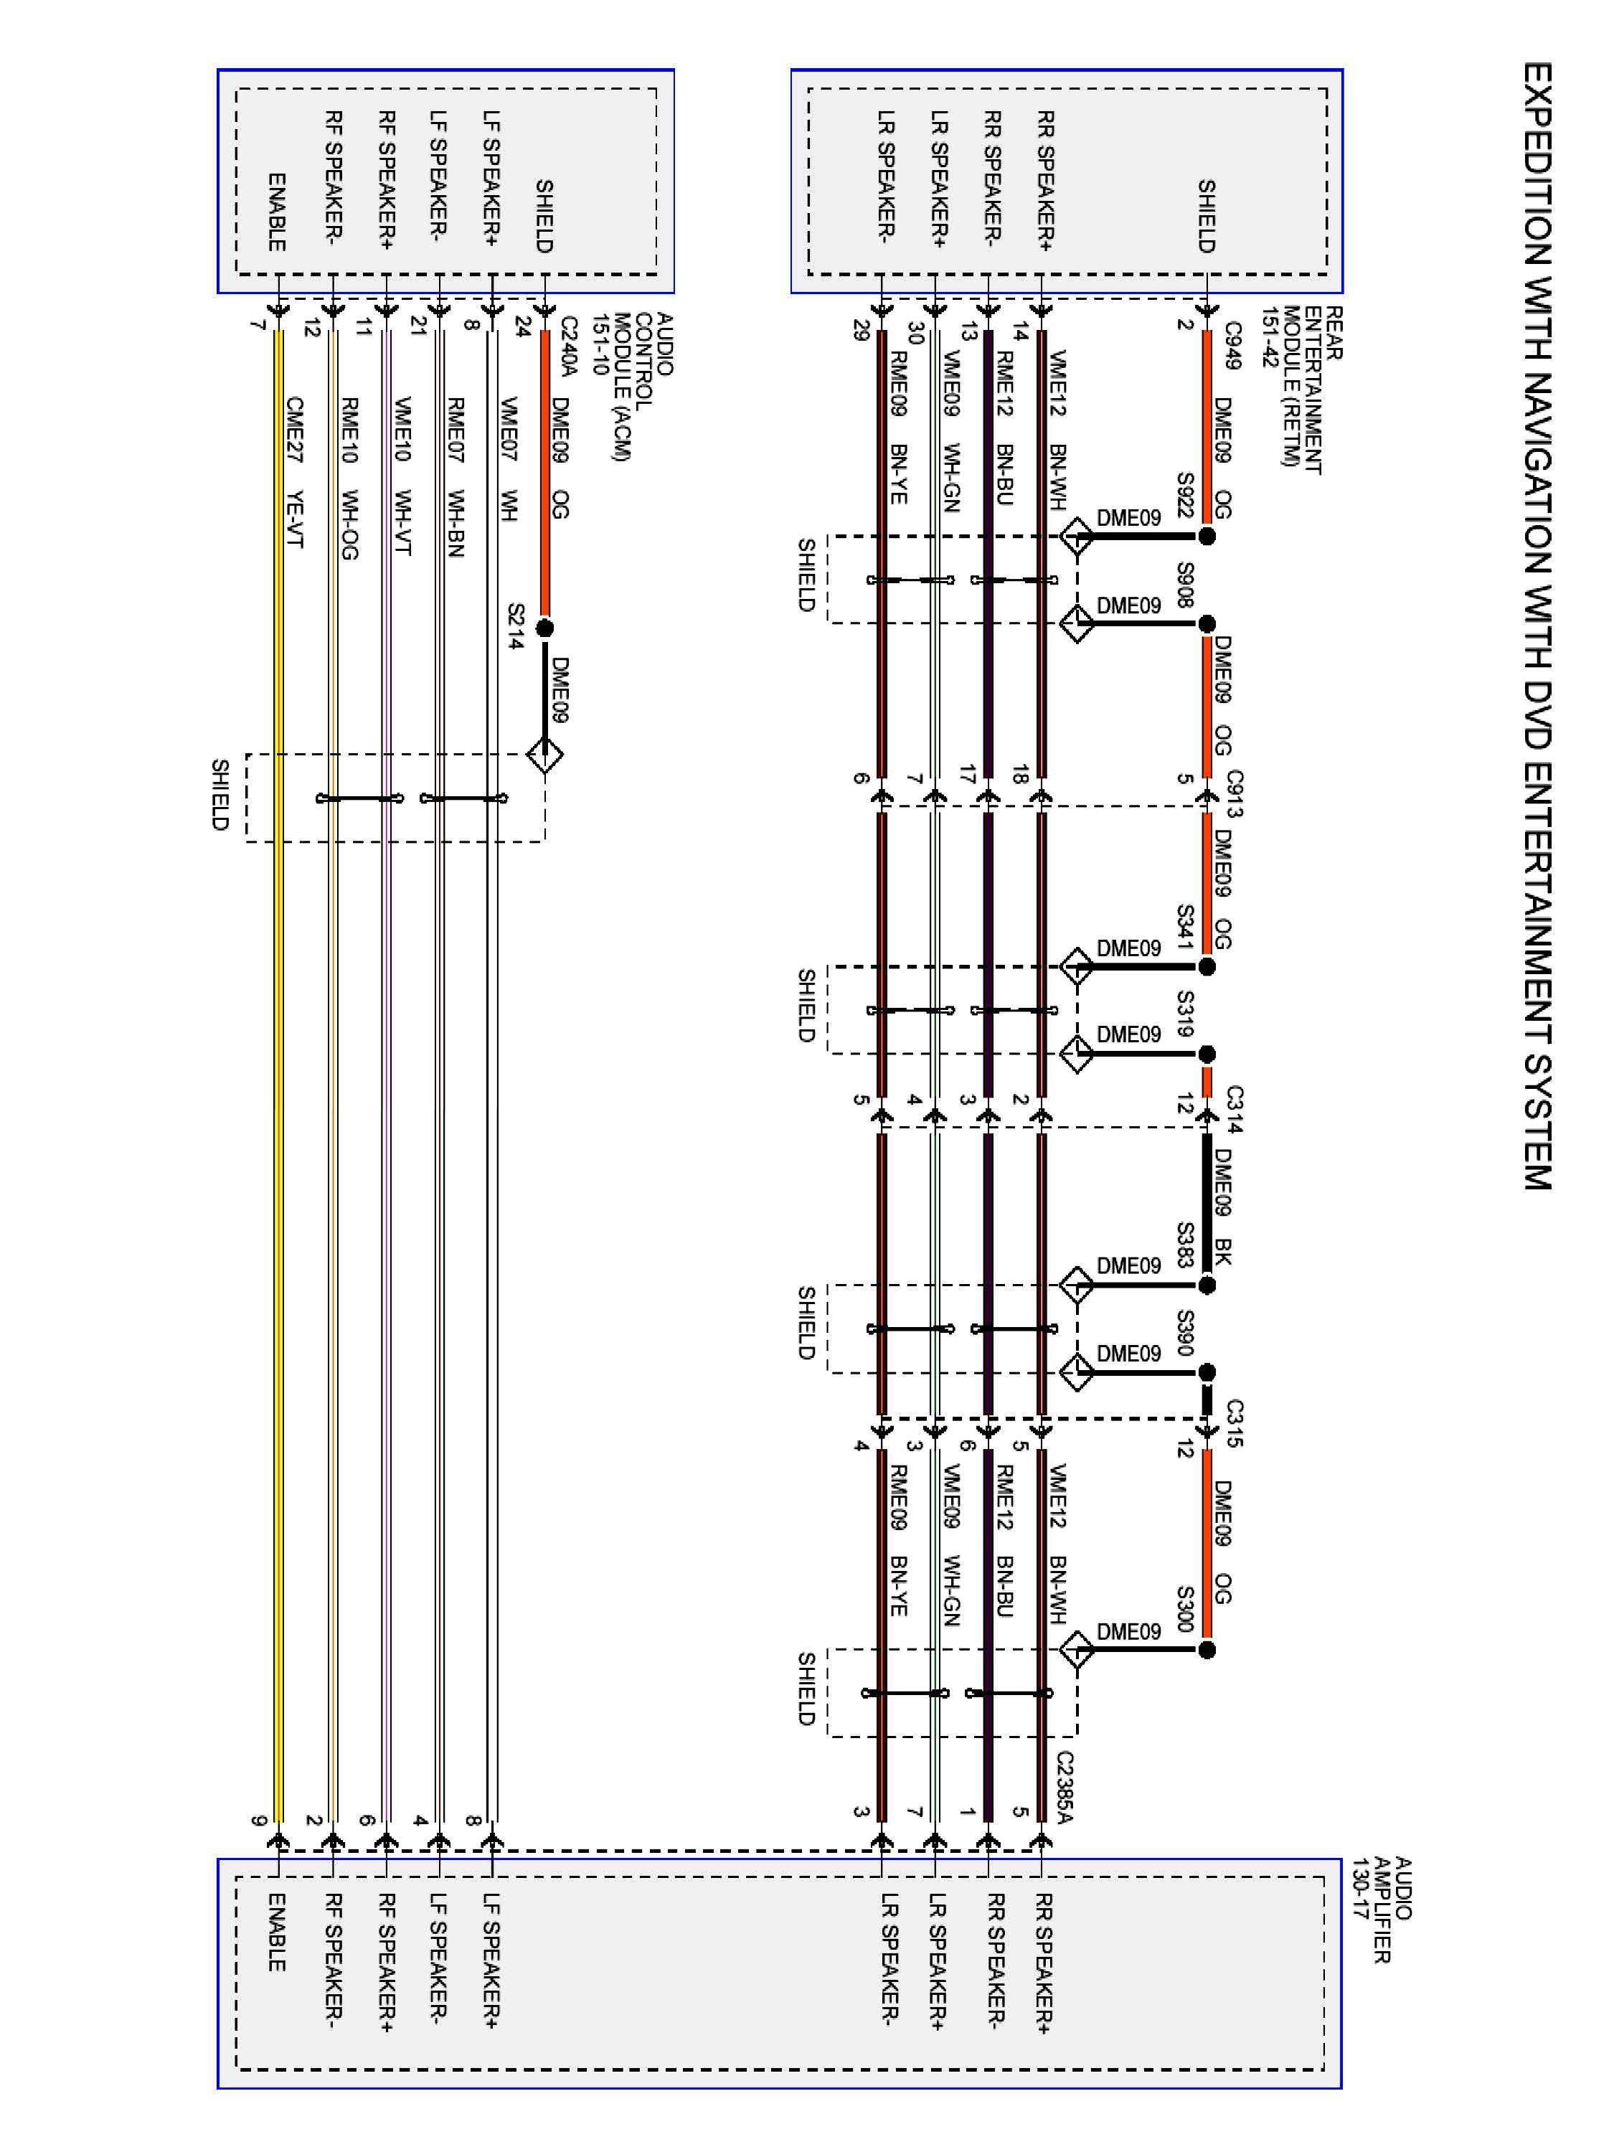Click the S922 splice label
[x=1185, y=496]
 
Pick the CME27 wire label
[x=295, y=428]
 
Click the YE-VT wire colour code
[x=295, y=518]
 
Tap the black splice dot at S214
[x=544, y=628]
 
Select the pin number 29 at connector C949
[x=860, y=331]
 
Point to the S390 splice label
[x=1185, y=1333]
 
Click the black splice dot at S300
[x=1207, y=1650]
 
